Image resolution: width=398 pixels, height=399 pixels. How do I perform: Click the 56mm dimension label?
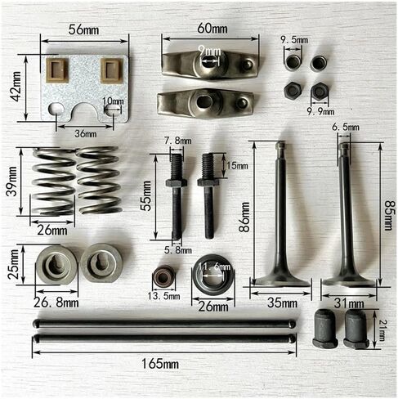[83, 29]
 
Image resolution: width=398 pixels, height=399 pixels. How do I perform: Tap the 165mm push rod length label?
[160, 364]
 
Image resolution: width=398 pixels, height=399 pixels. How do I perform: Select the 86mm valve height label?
[244, 217]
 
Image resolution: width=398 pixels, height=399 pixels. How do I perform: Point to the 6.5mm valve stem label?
[346, 127]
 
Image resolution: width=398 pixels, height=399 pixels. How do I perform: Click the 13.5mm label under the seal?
[163, 296]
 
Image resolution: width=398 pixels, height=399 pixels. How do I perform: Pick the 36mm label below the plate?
[86, 134]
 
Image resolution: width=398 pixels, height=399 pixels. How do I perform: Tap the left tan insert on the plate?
[57, 70]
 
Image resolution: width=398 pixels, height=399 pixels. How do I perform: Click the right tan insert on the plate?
[112, 70]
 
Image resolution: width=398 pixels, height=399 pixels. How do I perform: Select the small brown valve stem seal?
[163, 277]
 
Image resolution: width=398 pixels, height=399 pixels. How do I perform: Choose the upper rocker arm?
[210, 65]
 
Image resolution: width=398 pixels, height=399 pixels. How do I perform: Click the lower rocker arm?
[206, 103]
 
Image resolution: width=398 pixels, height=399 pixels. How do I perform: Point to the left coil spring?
[53, 182]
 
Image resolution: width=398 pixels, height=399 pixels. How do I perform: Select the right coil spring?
[99, 181]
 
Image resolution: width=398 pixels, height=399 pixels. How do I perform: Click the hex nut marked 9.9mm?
[320, 91]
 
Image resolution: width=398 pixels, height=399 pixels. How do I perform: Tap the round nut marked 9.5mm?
[293, 63]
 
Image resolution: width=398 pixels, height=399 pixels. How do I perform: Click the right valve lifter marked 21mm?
[356, 330]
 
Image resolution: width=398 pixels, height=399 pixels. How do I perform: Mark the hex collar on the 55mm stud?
[177, 182]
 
